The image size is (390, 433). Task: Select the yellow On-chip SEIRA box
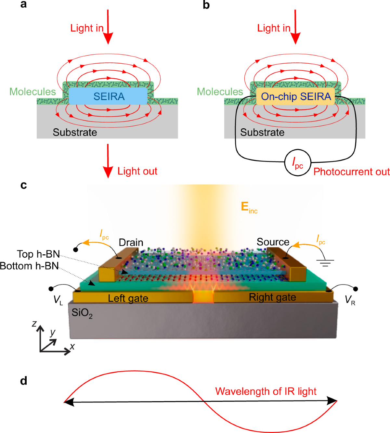[x=295, y=96]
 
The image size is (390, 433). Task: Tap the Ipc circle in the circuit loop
[x=298, y=163]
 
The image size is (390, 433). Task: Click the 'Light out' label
[x=137, y=171]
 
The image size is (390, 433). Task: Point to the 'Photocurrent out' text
[x=351, y=172]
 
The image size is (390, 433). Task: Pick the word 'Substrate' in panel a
[x=75, y=132]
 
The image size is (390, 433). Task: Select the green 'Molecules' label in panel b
[x=220, y=92]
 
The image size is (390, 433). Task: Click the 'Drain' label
[x=131, y=242]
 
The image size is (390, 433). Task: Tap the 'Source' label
[x=273, y=242]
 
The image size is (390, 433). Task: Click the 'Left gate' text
[x=128, y=298]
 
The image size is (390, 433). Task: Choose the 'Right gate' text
[x=272, y=297]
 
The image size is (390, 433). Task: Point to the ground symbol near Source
[x=325, y=262]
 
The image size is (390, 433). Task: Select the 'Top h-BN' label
[x=38, y=254]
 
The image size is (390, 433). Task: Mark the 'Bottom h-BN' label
[x=29, y=266]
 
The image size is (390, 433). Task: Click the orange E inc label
[x=249, y=207]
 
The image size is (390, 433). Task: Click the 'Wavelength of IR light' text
[x=266, y=391]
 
